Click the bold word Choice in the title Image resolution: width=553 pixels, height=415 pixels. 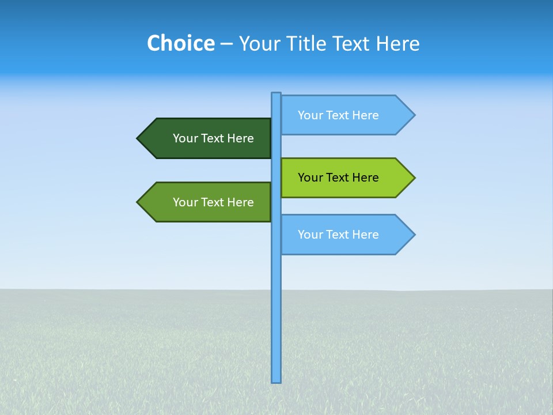click(180, 43)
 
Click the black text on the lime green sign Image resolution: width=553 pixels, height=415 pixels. click(338, 178)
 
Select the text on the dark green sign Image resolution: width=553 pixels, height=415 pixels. click(213, 138)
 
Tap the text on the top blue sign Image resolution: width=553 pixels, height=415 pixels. click(338, 115)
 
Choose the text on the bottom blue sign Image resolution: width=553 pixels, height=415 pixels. click(338, 235)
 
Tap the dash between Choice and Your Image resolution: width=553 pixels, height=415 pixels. click(226, 44)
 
